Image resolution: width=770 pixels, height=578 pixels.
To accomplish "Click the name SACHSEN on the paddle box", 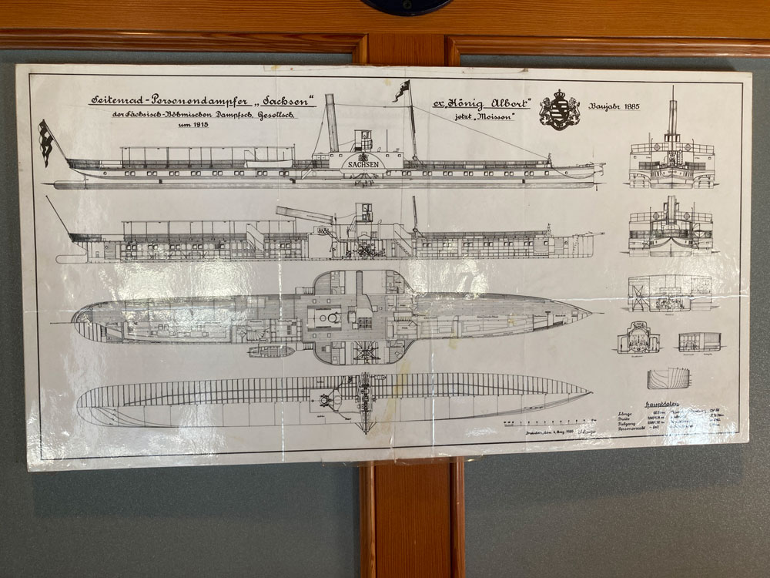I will coord(362,164).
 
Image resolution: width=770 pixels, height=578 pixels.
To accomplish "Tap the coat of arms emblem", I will coord(559,109).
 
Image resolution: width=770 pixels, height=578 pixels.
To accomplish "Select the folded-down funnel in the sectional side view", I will coord(305,213).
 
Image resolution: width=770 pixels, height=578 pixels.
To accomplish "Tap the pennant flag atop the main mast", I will coord(401,90).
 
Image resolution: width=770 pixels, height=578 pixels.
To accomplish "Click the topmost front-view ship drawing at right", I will coord(671,158).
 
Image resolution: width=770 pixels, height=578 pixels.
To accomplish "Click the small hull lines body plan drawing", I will coord(668,378).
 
